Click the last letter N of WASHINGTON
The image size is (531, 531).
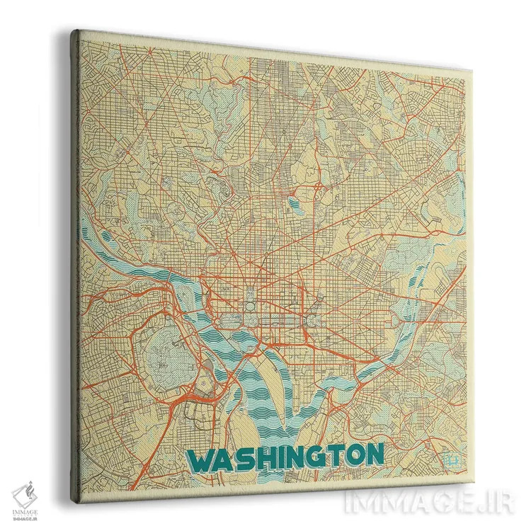(x=375, y=455)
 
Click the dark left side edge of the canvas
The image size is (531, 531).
(x=72, y=262)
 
